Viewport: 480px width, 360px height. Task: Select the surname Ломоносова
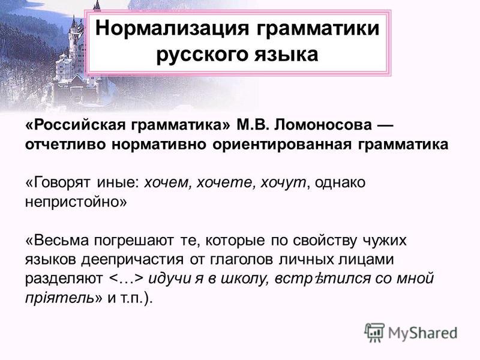click(323, 125)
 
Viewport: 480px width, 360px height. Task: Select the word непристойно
click(71, 202)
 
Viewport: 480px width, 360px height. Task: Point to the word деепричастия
click(133, 260)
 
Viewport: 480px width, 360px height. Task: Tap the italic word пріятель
click(59, 298)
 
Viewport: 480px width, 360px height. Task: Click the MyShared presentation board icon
click(374, 332)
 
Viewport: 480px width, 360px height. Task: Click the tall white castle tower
click(74, 37)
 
